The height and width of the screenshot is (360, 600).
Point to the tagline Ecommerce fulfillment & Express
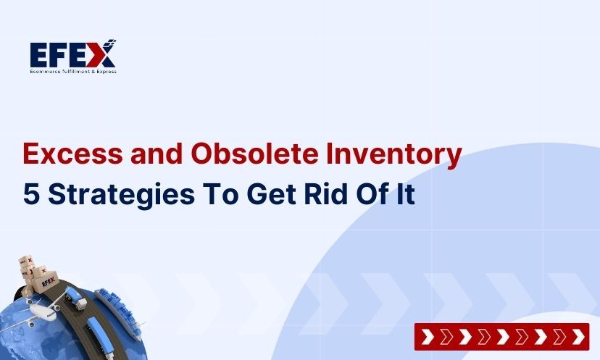tap(72, 71)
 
